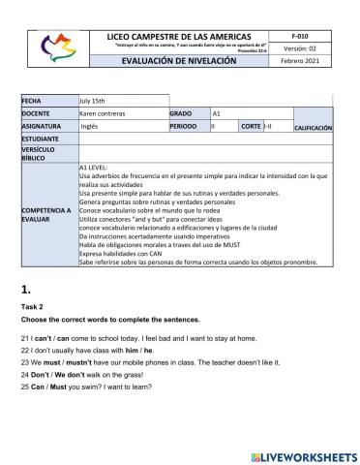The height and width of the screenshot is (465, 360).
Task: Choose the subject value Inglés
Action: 89,126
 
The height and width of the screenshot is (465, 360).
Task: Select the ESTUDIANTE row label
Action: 41,139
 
